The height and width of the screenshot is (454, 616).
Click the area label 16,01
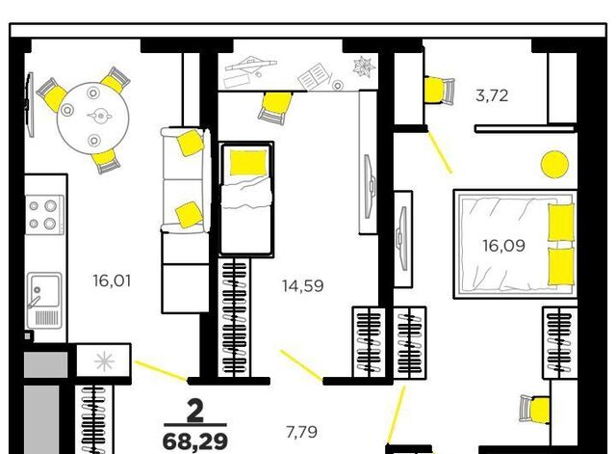point(112,281)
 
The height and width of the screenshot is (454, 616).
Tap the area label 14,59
point(303,286)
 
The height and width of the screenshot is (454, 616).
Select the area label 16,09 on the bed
point(504,246)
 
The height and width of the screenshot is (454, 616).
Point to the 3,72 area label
point(492,95)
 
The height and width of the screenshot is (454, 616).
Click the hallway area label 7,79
point(301,433)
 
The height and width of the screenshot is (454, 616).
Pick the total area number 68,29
point(195,441)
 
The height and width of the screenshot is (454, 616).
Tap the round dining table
point(93,116)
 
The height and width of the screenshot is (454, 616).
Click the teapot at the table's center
point(100,116)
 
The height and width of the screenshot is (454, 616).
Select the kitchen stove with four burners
point(44,215)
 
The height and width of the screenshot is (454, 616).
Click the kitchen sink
point(44,301)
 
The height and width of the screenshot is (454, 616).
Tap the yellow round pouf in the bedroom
point(554,165)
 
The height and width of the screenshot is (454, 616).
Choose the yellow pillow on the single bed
point(248,162)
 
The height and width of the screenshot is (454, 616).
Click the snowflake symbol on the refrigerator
point(104,361)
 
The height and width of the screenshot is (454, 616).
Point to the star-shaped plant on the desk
point(364,66)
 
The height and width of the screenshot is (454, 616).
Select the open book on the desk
point(313,77)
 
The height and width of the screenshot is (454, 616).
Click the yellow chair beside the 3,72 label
point(439,90)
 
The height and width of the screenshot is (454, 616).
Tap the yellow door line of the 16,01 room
point(161,370)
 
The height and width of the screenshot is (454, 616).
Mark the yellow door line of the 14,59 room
point(301,365)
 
